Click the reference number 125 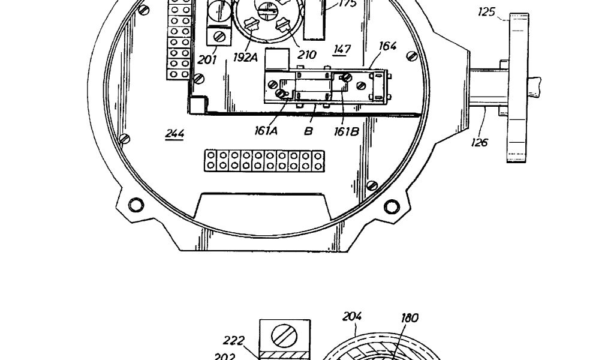[486, 11]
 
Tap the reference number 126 [479, 142]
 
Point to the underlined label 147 [342, 49]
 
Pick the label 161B [347, 131]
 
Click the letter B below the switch [308, 130]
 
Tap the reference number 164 [388, 46]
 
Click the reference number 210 [306, 55]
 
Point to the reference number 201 [207, 59]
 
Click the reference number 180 [410, 318]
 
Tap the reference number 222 [233, 341]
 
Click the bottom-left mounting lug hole [136, 205]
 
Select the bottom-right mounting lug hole [392, 207]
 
